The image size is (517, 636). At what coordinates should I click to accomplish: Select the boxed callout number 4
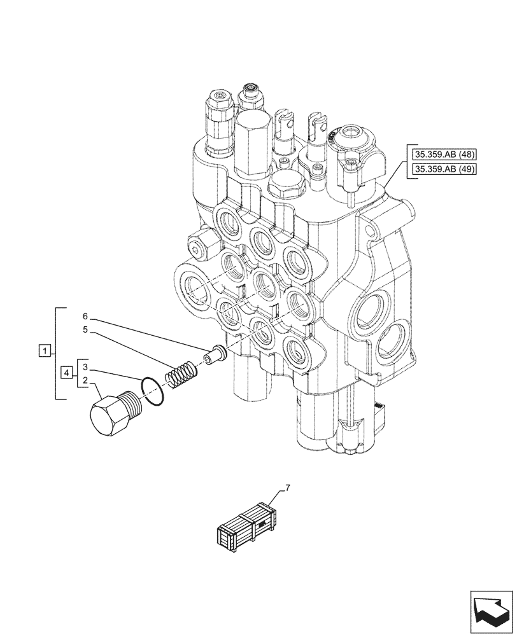(66, 372)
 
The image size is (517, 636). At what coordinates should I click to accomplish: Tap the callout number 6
(85, 316)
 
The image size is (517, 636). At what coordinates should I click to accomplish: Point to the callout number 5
(85, 330)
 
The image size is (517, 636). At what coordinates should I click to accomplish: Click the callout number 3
(85, 368)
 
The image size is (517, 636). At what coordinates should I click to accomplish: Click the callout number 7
(287, 488)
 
